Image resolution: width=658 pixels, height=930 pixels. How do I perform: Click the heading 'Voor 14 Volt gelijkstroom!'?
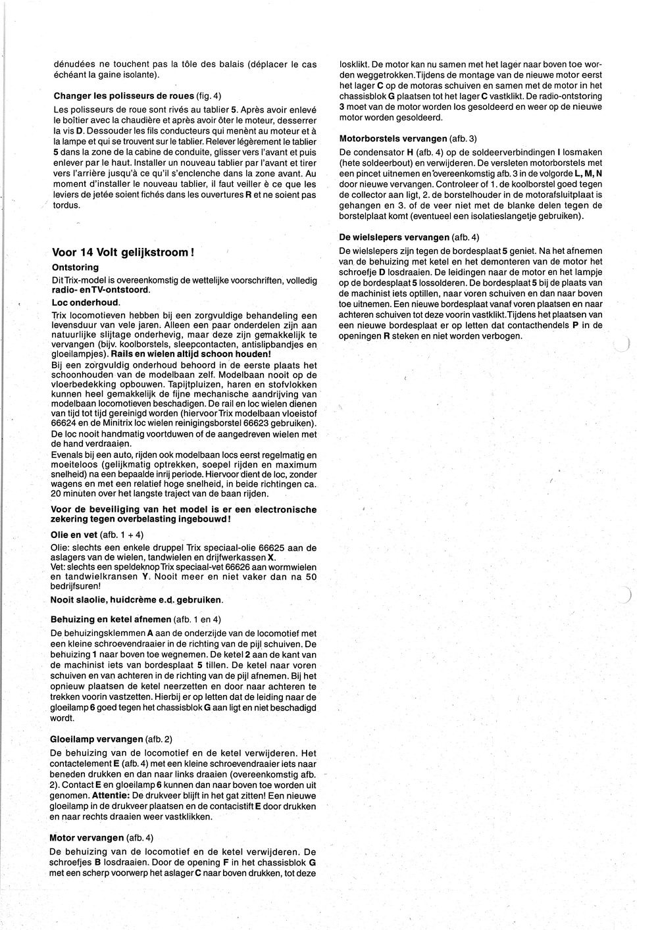122,253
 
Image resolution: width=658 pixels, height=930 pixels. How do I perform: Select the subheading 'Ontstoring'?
75,268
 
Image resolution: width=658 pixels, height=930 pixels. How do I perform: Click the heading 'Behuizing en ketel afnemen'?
111,619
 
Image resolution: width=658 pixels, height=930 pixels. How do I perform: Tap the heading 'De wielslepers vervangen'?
393,237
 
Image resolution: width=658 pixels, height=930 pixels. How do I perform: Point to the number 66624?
64,426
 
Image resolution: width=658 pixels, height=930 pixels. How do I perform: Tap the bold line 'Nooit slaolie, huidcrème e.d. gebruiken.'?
137,600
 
